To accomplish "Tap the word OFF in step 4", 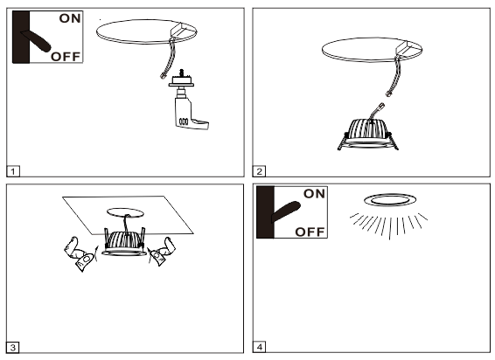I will [311, 232].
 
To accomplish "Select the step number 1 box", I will [12, 170].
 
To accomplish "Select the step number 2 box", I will [260, 170].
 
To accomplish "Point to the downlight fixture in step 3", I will [122, 243].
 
